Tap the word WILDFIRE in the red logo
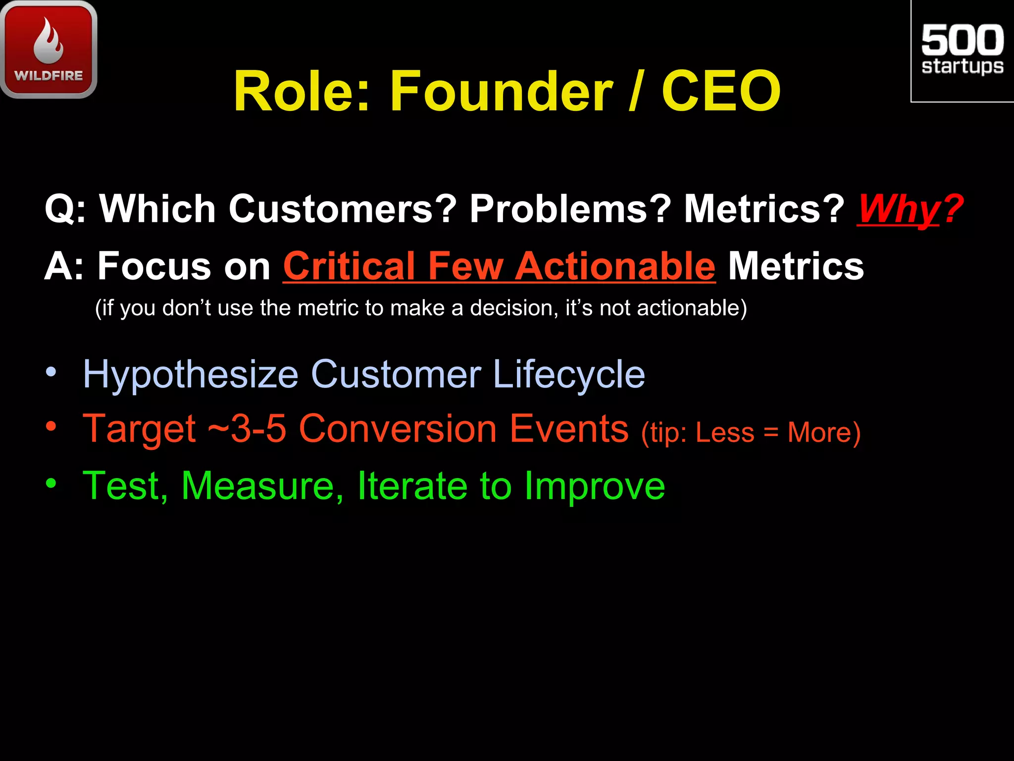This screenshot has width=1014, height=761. [x=49, y=76]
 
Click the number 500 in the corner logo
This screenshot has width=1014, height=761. [x=962, y=40]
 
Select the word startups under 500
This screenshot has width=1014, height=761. [x=962, y=66]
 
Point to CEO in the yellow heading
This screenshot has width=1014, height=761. [x=721, y=91]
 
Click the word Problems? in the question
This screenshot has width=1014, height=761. [x=570, y=209]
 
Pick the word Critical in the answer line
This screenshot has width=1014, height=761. [x=349, y=267]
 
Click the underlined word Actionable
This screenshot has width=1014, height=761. [x=615, y=267]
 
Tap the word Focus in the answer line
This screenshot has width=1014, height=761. [x=153, y=267]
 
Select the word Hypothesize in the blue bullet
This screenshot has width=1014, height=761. [x=191, y=375]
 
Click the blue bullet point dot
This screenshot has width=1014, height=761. [x=51, y=372]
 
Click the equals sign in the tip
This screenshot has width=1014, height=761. [x=771, y=433]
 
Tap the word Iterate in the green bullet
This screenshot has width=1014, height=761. [x=412, y=486]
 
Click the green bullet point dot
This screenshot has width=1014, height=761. [x=51, y=483]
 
